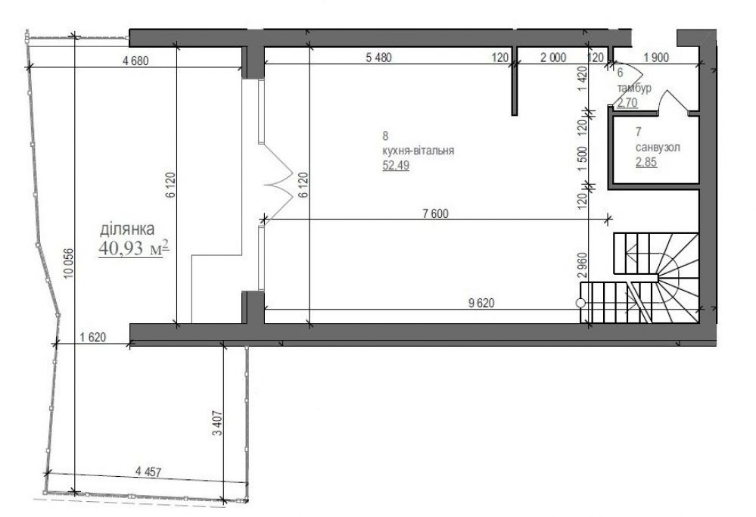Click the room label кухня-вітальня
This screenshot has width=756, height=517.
418,151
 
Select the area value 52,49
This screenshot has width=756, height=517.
396,166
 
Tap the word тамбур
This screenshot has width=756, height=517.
634,88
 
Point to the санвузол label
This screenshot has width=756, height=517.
658,147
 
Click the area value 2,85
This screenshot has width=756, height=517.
646,162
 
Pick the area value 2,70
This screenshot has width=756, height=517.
627,102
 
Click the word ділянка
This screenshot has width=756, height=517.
127,229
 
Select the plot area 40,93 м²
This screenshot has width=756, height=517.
134,248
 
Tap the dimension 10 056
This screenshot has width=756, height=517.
68,263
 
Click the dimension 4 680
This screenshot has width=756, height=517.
136,61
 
